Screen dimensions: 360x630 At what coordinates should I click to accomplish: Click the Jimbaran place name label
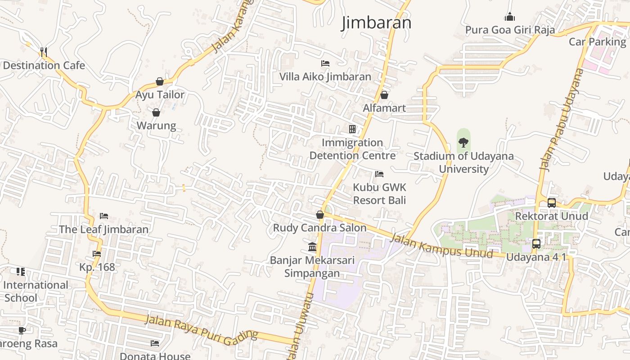tap(376, 22)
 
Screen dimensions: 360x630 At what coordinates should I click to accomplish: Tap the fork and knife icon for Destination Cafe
tap(44, 52)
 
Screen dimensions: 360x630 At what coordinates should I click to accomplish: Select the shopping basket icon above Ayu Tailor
tap(159, 81)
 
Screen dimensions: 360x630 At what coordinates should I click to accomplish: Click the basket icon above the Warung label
tap(156, 112)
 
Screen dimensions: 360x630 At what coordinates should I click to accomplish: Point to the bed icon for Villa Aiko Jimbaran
tap(325, 63)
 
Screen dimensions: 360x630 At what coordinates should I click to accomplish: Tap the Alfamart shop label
tap(384, 108)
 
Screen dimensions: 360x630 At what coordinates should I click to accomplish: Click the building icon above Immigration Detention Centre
tap(352, 129)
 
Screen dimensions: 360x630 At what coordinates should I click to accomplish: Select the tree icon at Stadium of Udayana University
tap(463, 143)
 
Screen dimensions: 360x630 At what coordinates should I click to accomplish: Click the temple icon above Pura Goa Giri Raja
tap(509, 17)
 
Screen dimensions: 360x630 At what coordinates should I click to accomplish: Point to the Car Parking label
tap(597, 42)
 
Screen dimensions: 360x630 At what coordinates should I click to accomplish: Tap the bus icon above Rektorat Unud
tap(552, 203)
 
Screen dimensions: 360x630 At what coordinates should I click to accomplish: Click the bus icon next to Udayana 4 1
tap(536, 244)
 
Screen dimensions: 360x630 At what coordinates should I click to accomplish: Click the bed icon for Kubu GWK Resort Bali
tap(379, 174)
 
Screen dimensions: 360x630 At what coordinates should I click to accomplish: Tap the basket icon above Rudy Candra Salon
tap(320, 215)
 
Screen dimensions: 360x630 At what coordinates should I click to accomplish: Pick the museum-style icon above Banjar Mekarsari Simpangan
tap(312, 247)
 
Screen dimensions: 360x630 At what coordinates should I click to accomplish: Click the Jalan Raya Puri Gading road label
tap(201, 328)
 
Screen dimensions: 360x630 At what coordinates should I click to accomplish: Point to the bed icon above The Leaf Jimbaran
tap(104, 216)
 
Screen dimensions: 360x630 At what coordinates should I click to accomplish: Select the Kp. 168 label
tap(97, 267)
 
